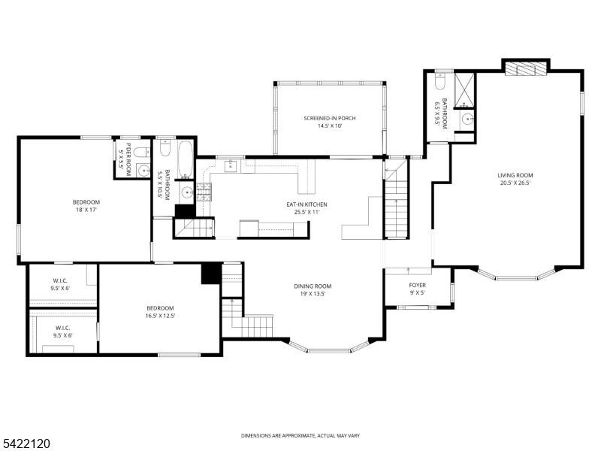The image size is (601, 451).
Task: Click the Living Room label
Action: pos(515,175)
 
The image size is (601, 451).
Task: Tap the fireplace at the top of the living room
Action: pos(525,69)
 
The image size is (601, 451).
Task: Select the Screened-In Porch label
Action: pos(329,119)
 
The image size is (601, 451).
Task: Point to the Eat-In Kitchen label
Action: pos(306,204)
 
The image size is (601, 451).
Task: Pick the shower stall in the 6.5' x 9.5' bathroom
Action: pos(465,88)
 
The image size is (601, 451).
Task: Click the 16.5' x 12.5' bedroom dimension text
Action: pos(160,316)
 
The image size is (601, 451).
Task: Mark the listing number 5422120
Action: pos(26,444)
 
